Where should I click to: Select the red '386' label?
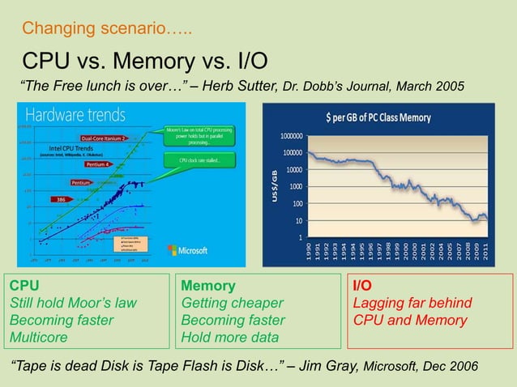(x=59, y=198)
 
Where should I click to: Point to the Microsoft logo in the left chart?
(x=188, y=250)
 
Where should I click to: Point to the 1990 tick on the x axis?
(x=308, y=256)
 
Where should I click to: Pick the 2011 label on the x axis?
(x=485, y=256)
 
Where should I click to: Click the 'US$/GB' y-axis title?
(x=274, y=186)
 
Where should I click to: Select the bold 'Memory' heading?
(x=209, y=286)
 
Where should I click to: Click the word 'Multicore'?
(x=38, y=337)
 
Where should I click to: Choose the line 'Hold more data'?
(x=230, y=337)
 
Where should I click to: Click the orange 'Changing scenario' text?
(x=107, y=30)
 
